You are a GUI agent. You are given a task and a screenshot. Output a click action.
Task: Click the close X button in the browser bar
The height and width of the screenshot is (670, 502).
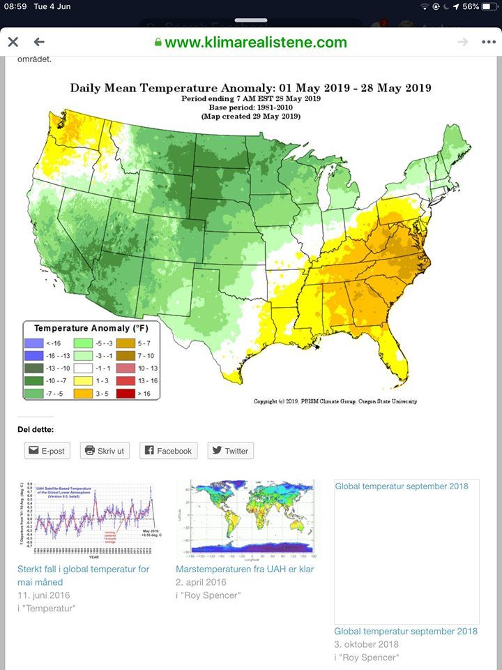13,42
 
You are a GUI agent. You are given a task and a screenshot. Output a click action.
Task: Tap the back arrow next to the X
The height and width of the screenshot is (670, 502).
39,42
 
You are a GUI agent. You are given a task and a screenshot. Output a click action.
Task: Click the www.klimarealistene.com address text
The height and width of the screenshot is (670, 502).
255,42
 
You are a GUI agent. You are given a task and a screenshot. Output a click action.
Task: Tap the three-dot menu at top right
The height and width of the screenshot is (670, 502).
488,42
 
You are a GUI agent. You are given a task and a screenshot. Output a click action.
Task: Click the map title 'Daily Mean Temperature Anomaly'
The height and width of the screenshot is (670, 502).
250,88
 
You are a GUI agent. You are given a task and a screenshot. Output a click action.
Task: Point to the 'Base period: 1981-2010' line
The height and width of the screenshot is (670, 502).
250,107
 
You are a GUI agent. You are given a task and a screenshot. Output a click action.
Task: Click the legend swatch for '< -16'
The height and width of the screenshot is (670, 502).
35,343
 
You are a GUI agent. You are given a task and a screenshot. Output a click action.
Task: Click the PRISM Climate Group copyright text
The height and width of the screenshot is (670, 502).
335,401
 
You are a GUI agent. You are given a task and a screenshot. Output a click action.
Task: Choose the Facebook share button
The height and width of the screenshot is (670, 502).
168,451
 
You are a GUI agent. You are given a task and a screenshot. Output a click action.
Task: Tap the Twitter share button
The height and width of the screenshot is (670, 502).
230,451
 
